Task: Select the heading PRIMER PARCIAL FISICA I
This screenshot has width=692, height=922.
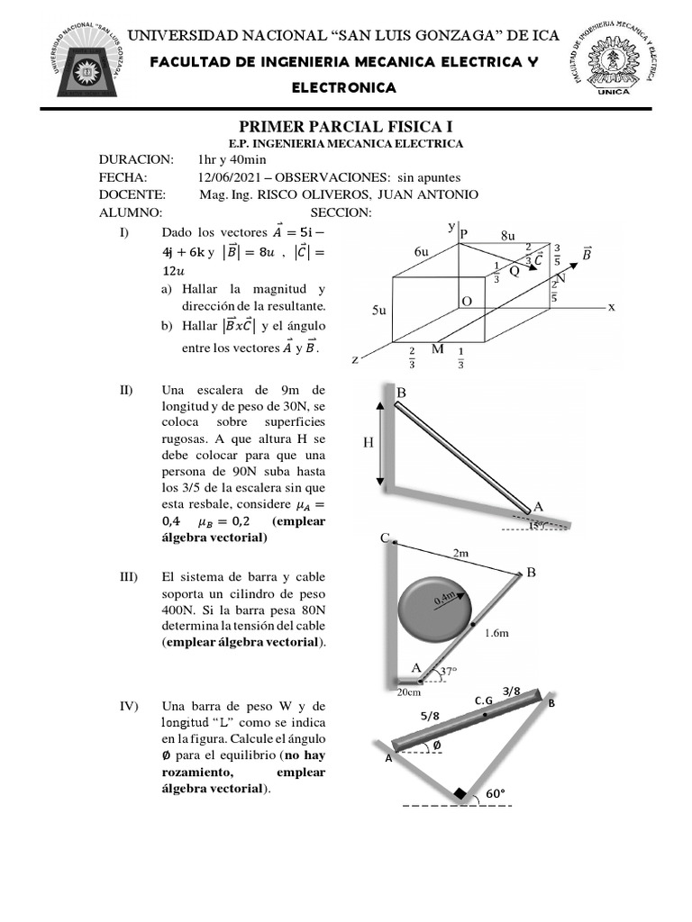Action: pos(346,125)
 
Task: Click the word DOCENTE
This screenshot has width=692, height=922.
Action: pos(132,195)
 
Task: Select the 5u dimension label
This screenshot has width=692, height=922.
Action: pos(379,310)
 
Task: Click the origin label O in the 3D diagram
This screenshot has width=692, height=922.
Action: pos(467,301)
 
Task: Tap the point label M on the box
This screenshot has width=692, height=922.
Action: pos(437,348)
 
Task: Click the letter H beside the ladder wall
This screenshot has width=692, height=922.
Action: pos(368,442)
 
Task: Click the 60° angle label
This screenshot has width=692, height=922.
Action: pos(496,793)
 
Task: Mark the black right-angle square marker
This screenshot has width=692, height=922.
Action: pos(460,793)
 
